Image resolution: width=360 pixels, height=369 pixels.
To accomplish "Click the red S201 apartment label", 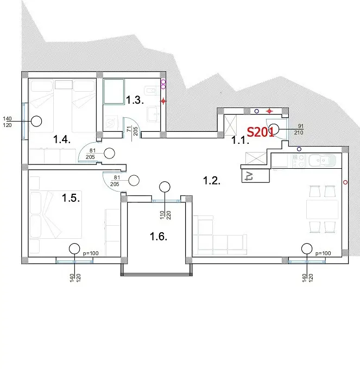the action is [260, 132].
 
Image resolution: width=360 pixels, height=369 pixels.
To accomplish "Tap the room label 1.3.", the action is [135, 100].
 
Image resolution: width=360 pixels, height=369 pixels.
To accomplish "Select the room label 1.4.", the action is [62, 139].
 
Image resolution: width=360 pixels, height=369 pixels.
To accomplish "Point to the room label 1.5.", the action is [71, 198].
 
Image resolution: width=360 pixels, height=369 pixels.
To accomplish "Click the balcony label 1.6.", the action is [159, 237].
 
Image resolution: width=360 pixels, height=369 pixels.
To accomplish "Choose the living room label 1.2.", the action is [212, 181].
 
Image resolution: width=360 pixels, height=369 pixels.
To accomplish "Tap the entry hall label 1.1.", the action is [239, 140].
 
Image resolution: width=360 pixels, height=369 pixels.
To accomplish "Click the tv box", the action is [255, 176].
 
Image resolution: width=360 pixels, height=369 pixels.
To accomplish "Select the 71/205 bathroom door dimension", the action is [132, 131].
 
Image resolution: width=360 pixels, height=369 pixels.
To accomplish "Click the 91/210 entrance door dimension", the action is [299, 130].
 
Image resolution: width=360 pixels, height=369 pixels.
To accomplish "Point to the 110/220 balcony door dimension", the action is [165, 215].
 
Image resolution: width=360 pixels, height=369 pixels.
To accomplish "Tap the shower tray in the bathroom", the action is [113, 91].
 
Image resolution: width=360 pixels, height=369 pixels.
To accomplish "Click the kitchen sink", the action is [322, 161].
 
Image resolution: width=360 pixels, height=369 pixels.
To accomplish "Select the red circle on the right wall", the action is [345, 182].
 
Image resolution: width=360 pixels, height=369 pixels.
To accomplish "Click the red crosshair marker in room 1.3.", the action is [163, 101].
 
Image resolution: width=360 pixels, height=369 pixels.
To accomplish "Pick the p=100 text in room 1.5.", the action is [91, 253].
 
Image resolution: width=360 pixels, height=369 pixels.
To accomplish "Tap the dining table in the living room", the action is [322, 209].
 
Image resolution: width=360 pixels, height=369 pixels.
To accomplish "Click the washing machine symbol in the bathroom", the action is [110, 123].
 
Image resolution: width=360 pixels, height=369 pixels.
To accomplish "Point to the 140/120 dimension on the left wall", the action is [7, 122].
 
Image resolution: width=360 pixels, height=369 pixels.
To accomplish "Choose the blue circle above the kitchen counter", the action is [299, 149].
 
